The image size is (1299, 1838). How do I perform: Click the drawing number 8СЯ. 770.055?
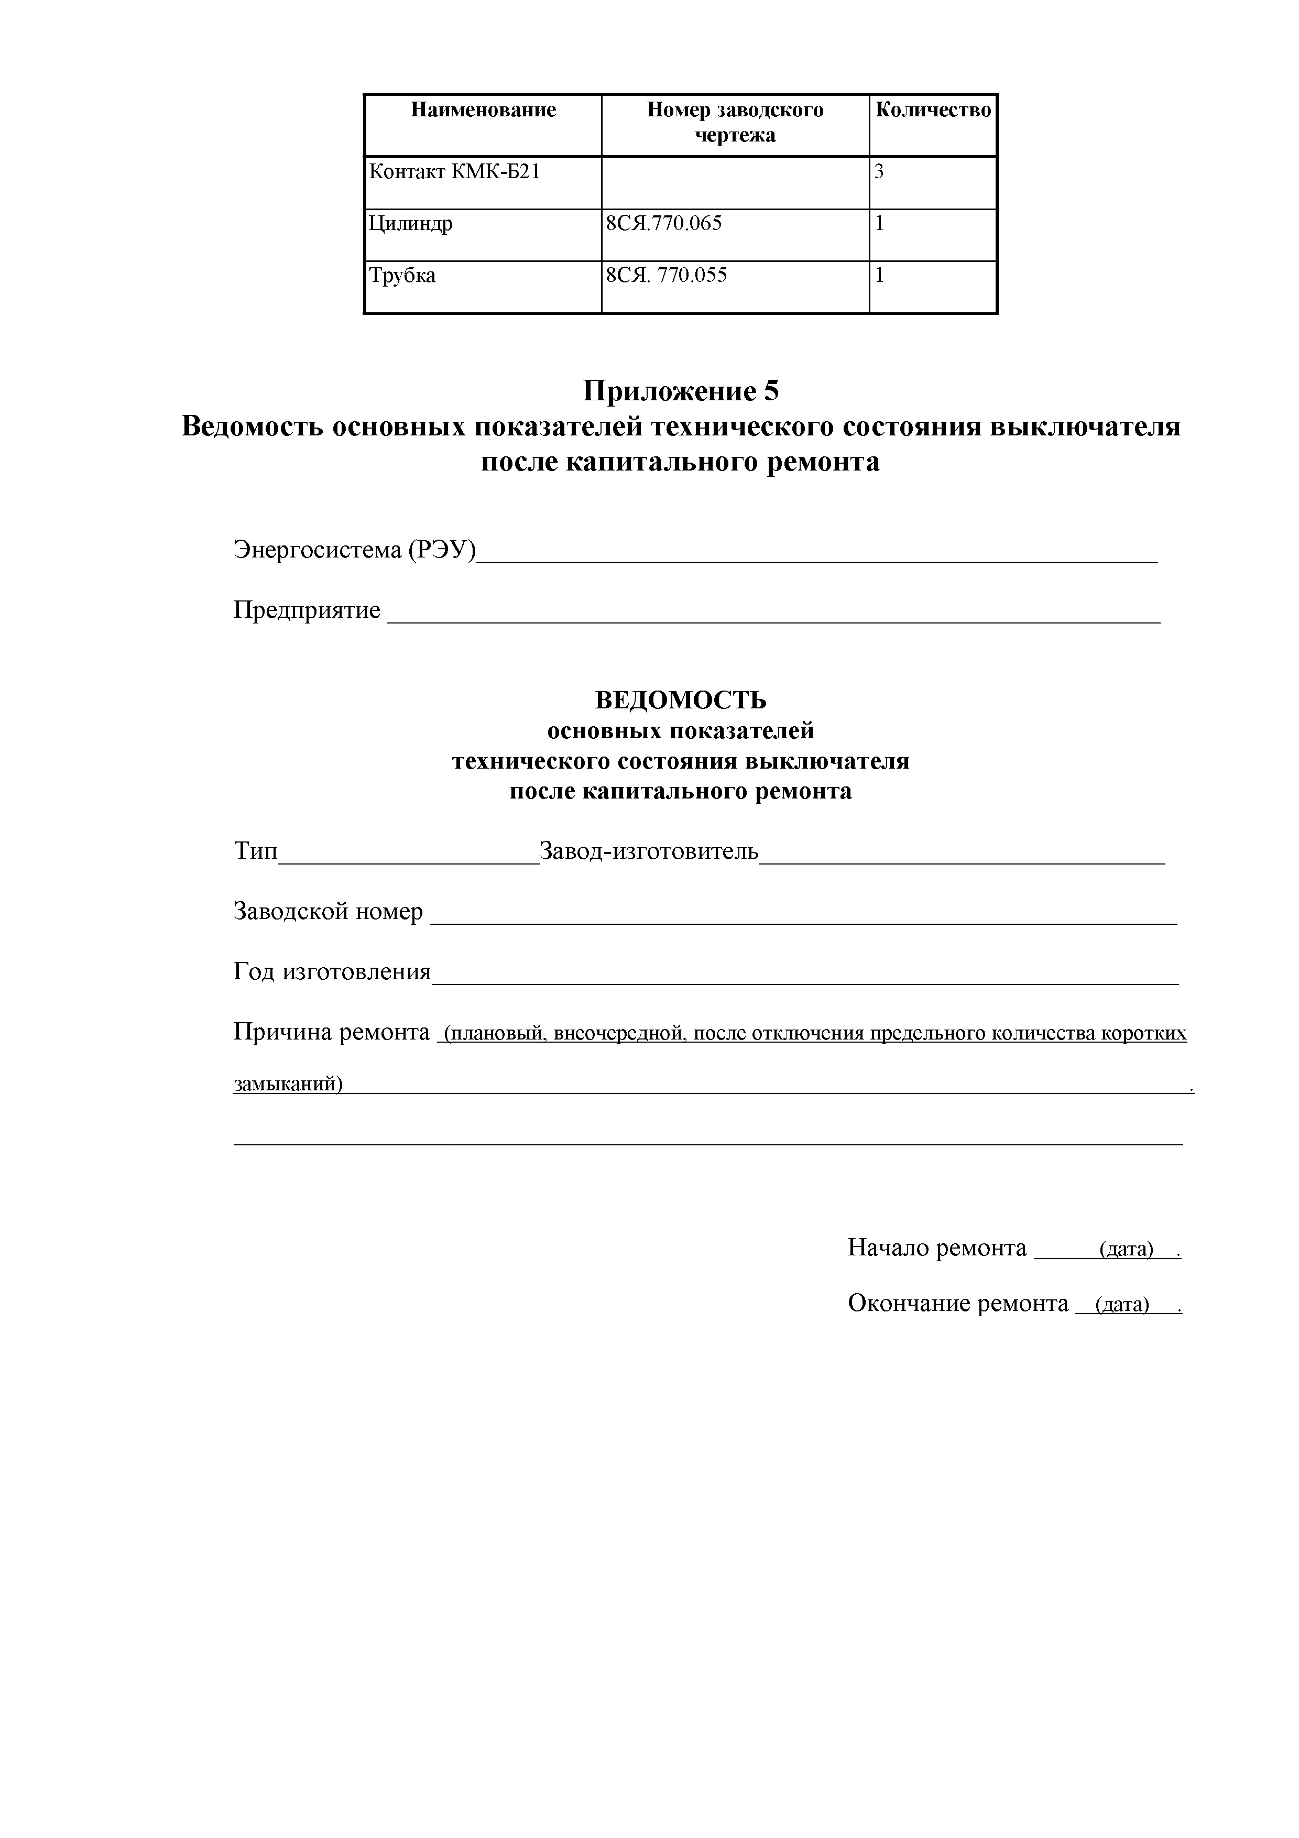666,276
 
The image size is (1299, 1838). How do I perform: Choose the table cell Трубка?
402,276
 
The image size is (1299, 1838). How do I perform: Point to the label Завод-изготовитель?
649,850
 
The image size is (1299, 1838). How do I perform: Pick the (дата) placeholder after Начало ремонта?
1126,1249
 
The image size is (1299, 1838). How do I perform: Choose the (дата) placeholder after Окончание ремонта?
1121,1305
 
